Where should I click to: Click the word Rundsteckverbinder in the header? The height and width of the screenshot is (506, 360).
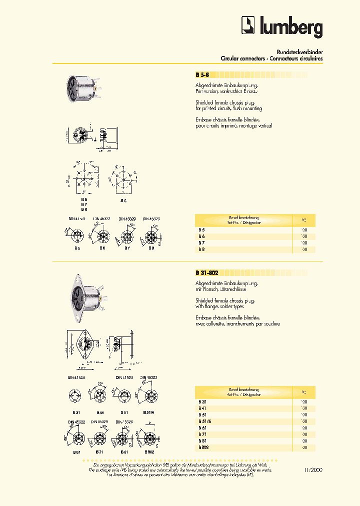[299, 52]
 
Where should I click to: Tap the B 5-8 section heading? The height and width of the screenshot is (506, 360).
[202, 75]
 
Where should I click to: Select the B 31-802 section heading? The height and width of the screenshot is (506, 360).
[207, 273]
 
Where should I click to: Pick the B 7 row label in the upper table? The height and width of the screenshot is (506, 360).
[201, 242]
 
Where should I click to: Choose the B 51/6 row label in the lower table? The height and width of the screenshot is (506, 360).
[203, 421]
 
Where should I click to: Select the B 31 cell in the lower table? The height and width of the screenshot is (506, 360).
[202, 402]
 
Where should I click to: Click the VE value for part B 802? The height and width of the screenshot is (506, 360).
[304, 447]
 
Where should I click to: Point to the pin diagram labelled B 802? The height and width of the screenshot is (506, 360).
[149, 440]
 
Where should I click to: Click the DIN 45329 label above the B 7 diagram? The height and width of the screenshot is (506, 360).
[127, 218]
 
